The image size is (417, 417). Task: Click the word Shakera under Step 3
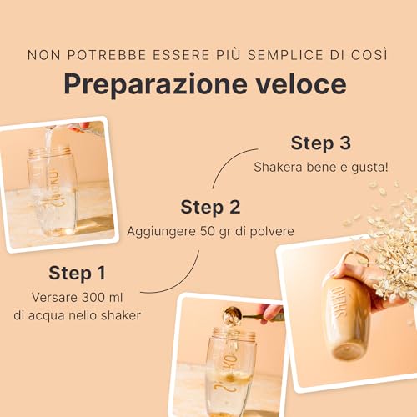coord(279,166)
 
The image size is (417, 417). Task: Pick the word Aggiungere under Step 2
coord(161,230)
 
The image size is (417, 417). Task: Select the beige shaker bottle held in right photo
coord(342,313)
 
